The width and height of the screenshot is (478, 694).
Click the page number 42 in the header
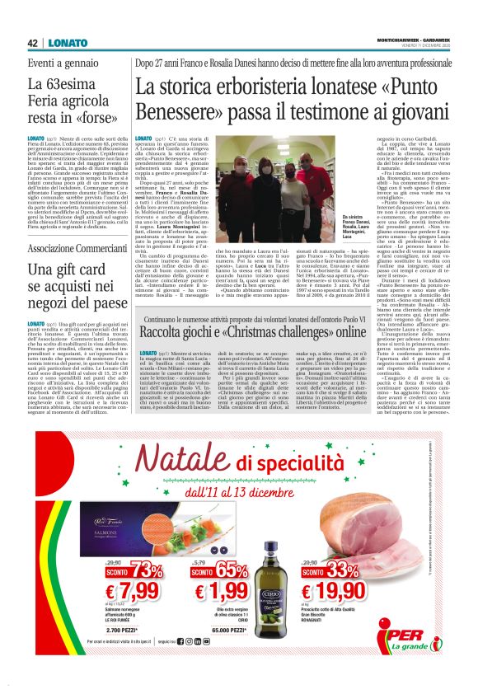click(33, 43)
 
